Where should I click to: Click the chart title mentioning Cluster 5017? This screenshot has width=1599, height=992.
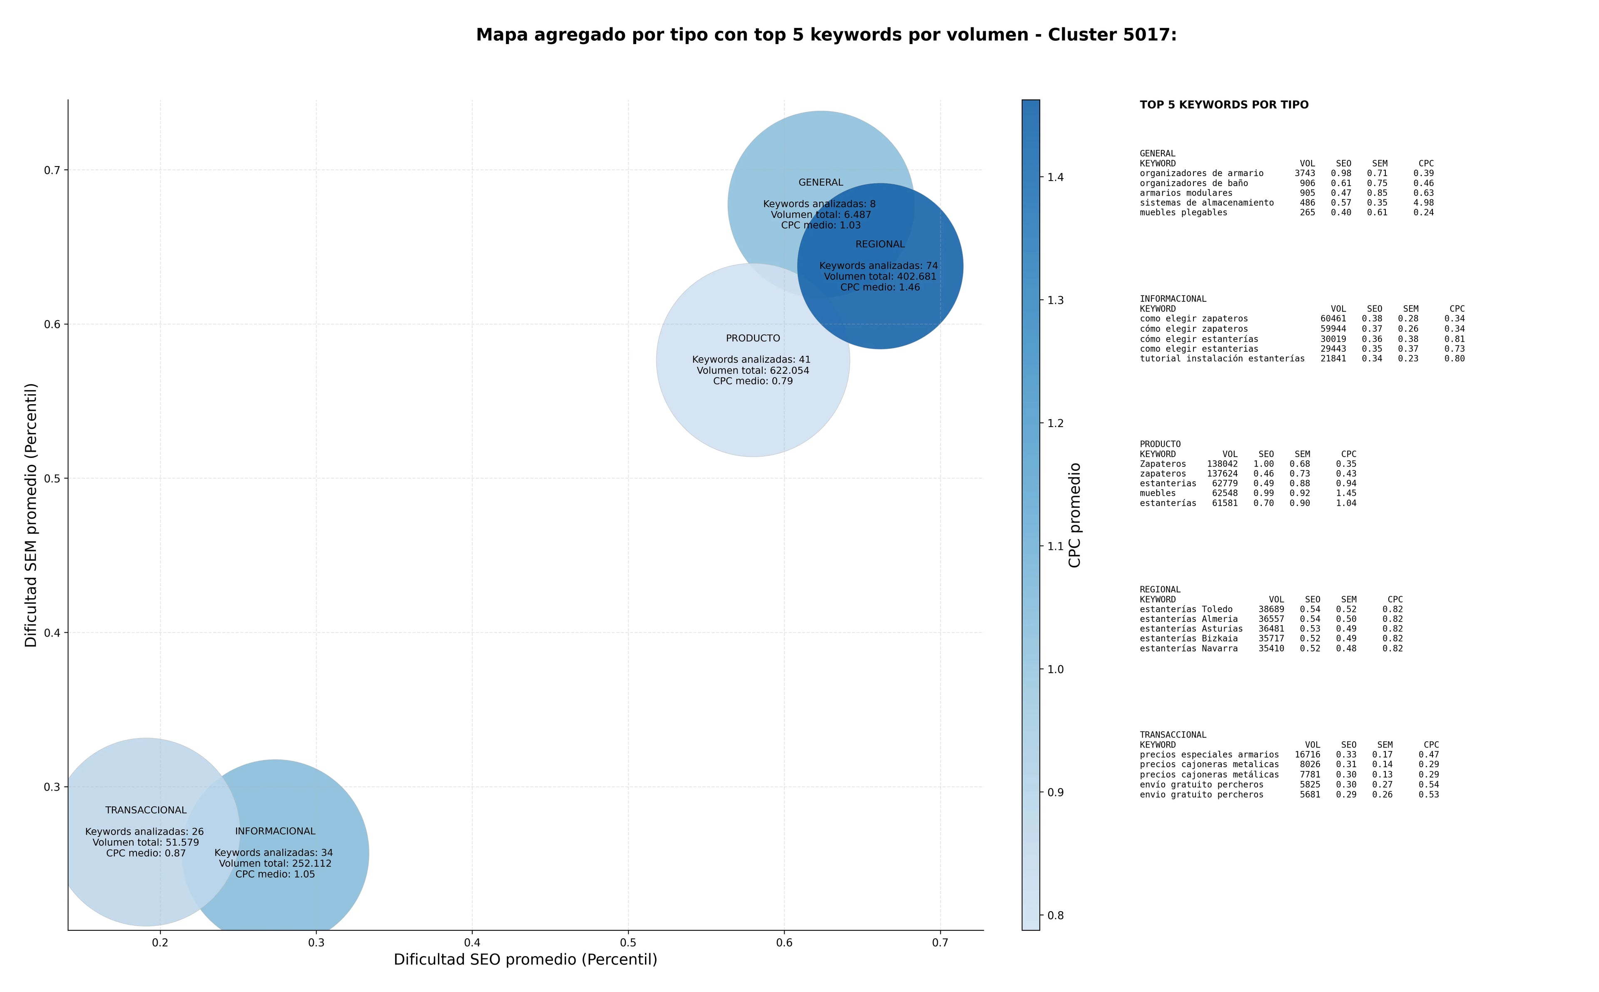(826, 35)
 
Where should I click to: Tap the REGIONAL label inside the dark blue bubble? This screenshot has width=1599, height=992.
(880, 244)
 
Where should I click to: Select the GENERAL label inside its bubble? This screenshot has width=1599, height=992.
(821, 182)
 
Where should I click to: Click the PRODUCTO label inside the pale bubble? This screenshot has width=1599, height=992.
(752, 338)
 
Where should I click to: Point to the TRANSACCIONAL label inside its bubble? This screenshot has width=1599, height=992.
(146, 810)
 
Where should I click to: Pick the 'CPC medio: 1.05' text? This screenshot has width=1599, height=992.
(275, 874)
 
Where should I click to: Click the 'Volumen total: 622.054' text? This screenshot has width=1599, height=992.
(752, 370)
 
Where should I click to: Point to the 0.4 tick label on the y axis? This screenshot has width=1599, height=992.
(52, 632)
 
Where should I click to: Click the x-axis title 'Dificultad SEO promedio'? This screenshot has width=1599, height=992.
(525, 959)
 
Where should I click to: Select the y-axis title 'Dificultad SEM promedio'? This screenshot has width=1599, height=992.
(31, 515)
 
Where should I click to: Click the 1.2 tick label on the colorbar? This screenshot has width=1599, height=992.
(1055, 423)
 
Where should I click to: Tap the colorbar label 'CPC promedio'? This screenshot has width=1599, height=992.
(1074, 515)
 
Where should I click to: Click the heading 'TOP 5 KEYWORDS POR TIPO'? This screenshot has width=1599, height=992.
(1224, 105)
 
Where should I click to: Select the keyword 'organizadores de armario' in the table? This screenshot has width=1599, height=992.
(1201, 173)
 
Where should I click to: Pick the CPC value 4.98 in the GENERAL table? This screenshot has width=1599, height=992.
(1423, 203)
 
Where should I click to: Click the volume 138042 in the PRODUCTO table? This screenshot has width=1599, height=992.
(1223, 464)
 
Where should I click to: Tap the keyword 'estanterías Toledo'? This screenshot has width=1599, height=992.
(1186, 609)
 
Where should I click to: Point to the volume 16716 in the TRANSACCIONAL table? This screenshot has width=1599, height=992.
(1307, 754)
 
